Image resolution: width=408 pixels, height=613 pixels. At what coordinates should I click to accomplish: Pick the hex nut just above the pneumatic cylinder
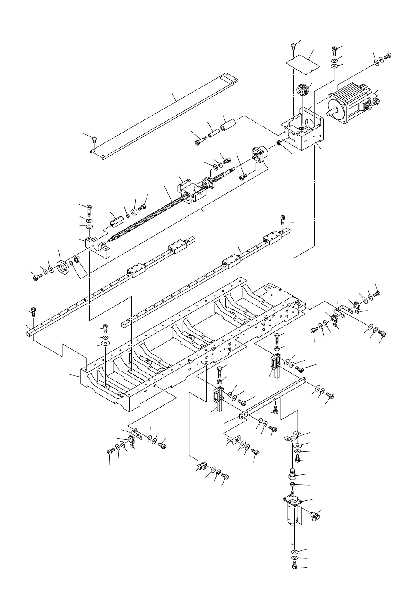tap(293, 484)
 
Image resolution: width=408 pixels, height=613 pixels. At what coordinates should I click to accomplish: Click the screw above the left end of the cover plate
tap(95, 139)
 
